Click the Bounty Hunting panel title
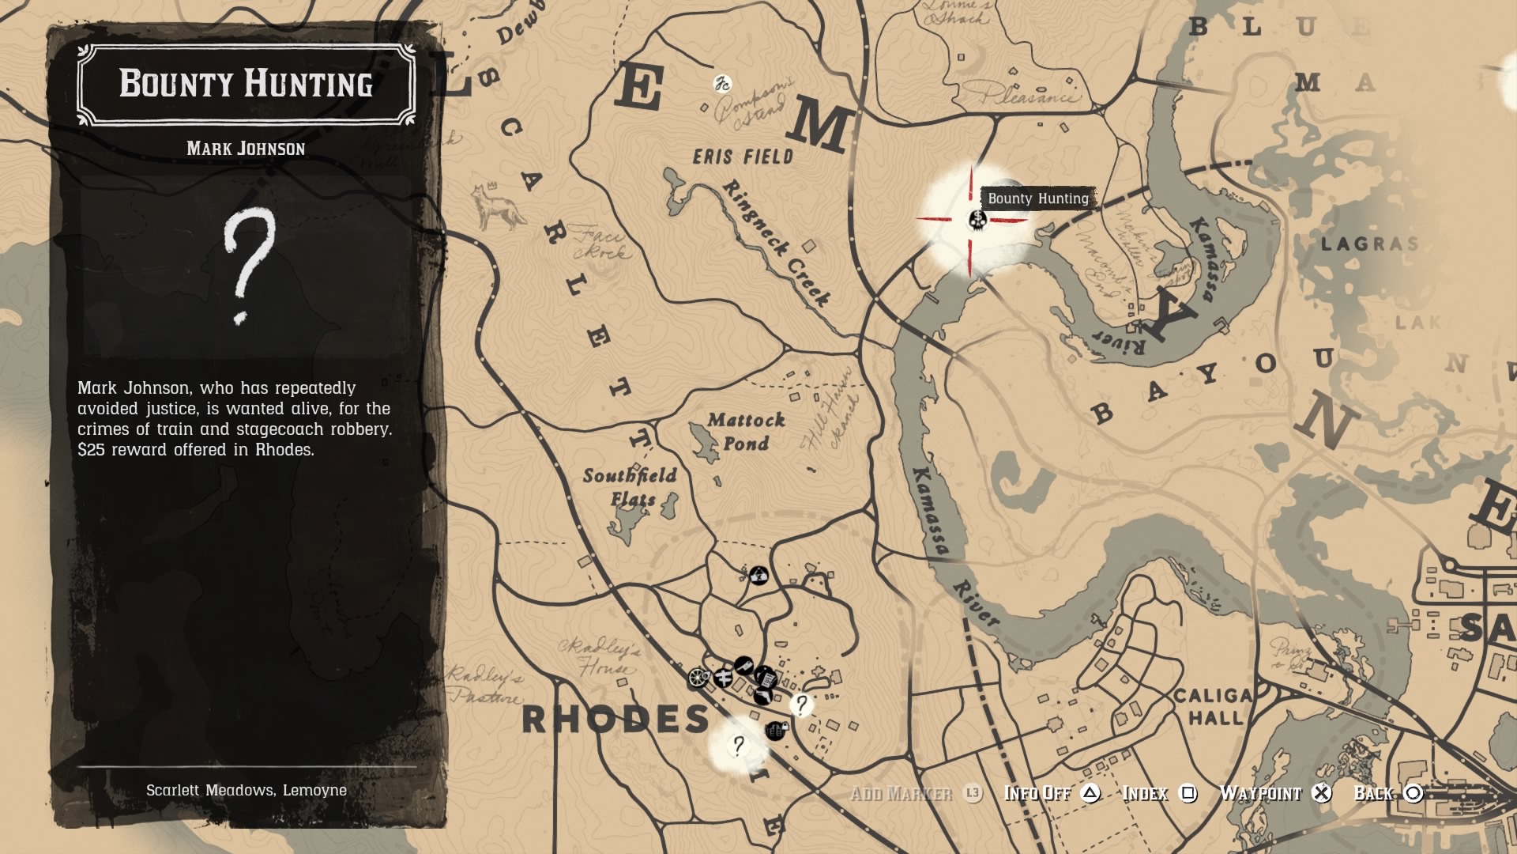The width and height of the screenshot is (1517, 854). (246, 84)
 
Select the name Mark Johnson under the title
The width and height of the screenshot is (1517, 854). (246, 149)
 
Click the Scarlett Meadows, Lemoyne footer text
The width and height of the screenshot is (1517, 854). (246, 790)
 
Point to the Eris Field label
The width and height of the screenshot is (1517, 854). (743, 157)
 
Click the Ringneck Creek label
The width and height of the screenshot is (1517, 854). (776, 243)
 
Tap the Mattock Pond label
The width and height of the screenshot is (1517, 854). (745, 431)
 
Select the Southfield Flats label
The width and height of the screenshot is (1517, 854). (631, 486)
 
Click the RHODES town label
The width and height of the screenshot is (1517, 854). (615, 720)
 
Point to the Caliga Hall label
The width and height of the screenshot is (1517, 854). (1214, 706)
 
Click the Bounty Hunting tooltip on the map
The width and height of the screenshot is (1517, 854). (1037, 198)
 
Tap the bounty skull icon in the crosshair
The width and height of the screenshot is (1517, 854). (977, 218)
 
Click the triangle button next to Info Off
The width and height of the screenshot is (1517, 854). (1090, 793)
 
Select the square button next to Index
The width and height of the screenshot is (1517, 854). (1188, 793)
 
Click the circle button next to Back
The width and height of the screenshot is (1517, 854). (1413, 793)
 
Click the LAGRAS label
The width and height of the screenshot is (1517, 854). (1369, 244)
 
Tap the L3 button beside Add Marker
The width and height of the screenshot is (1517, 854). (973, 793)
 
